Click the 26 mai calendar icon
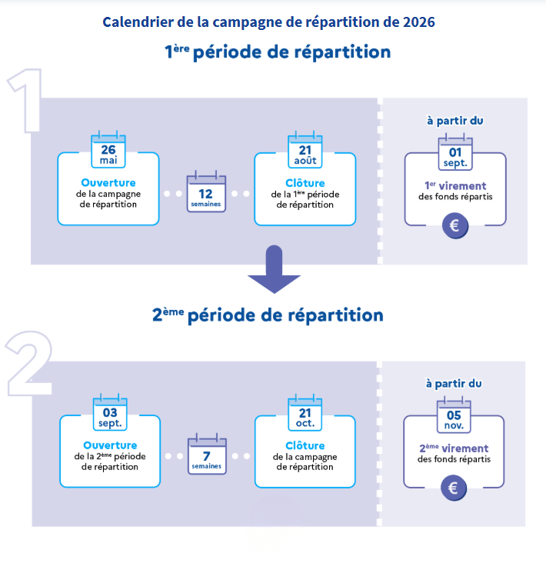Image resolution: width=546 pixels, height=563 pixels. [108, 150]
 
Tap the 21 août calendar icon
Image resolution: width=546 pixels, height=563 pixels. [305, 150]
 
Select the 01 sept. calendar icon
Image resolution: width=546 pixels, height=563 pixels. [455, 152]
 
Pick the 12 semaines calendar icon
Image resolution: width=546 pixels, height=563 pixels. [206, 192]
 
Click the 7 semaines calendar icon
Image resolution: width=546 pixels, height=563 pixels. [207, 455]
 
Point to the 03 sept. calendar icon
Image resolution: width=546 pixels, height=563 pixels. [110, 412]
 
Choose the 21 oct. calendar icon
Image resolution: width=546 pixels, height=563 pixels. [305, 412]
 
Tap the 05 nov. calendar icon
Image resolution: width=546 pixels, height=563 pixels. [454, 415]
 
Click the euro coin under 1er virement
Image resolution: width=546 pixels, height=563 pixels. [455, 226]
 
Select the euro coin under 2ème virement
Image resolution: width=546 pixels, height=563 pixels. [454, 488]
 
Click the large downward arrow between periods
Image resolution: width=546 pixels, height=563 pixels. [275, 269]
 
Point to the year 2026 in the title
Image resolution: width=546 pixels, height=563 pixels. [419, 22]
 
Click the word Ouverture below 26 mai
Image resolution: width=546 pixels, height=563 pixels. [108, 183]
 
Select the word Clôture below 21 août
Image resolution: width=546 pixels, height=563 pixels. [305, 183]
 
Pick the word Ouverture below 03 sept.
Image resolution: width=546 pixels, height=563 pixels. [110, 445]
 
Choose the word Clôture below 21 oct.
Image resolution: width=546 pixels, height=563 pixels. [305, 445]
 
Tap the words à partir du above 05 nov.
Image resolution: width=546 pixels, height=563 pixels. [454, 384]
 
